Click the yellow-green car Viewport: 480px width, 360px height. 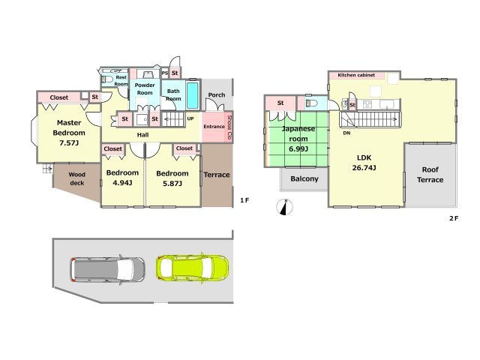[x=192, y=268]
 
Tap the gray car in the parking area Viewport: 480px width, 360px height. [x=108, y=269]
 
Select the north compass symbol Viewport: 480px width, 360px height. [x=285, y=207]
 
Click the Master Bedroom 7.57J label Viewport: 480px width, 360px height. [x=69, y=133]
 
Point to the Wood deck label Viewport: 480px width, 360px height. [x=76, y=178]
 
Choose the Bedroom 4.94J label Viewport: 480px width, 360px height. [x=122, y=178]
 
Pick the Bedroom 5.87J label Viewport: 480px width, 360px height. [x=172, y=178]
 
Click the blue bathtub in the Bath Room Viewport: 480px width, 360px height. [x=192, y=95]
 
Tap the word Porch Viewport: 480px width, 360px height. [x=217, y=95]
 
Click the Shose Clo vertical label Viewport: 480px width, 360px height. [x=229, y=128]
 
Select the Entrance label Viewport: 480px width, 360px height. [x=214, y=127]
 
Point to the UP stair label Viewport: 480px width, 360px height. [x=190, y=118]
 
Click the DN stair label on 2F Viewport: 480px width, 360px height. [x=346, y=133]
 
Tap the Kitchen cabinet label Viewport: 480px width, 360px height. [x=356, y=75]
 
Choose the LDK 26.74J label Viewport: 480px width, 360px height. [x=364, y=163]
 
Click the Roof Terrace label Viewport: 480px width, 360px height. [x=430, y=175]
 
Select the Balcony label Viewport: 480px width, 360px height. [x=304, y=178]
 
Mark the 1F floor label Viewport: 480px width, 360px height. [x=244, y=200]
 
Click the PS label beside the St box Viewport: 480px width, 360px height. [x=165, y=73]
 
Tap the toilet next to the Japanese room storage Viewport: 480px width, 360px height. [x=312, y=103]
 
